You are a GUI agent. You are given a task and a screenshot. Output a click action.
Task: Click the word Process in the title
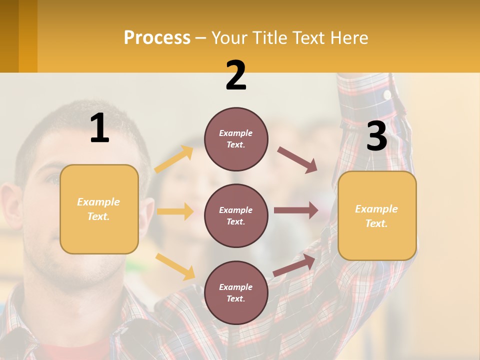(157, 38)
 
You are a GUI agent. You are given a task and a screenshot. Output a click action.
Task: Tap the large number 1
(99, 128)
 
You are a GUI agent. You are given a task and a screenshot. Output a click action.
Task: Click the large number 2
(236, 75)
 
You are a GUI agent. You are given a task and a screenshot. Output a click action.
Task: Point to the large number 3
(376, 136)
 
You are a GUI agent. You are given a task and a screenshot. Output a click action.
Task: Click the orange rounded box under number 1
(99, 209)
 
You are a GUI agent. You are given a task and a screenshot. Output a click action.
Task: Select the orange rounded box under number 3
(377, 215)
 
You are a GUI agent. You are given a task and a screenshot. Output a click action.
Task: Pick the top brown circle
(236, 139)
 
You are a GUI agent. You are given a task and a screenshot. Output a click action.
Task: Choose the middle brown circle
(236, 215)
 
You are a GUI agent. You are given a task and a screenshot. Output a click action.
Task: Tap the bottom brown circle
(236, 292)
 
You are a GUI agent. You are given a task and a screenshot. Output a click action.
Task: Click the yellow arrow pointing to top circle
(174, 159)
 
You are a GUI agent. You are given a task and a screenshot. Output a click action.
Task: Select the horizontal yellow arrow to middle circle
(175, 211)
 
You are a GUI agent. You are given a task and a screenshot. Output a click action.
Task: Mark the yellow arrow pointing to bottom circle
(175, 266)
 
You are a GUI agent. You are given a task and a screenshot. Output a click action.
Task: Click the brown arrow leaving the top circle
(297, 160)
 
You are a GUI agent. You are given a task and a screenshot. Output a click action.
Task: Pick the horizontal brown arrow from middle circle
(296, 210)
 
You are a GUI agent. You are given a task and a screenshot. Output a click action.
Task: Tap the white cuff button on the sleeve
(387, 94)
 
